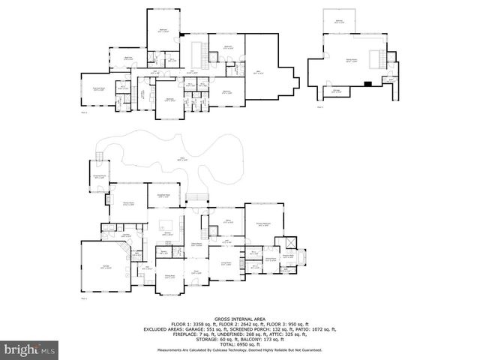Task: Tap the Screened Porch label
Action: point(99,177)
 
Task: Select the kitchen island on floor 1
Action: point(166,223)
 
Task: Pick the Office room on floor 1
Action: point(230,222)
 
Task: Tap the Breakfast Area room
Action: point(164,196)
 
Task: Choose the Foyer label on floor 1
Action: point(196,273)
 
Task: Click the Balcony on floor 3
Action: point(339,22)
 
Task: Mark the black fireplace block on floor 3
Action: point(367,85)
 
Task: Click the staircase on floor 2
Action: point(200,54)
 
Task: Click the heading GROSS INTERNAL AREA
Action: point(239,319)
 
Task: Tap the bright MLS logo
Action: point(30,349)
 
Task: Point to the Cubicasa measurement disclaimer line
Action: point(239,349)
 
